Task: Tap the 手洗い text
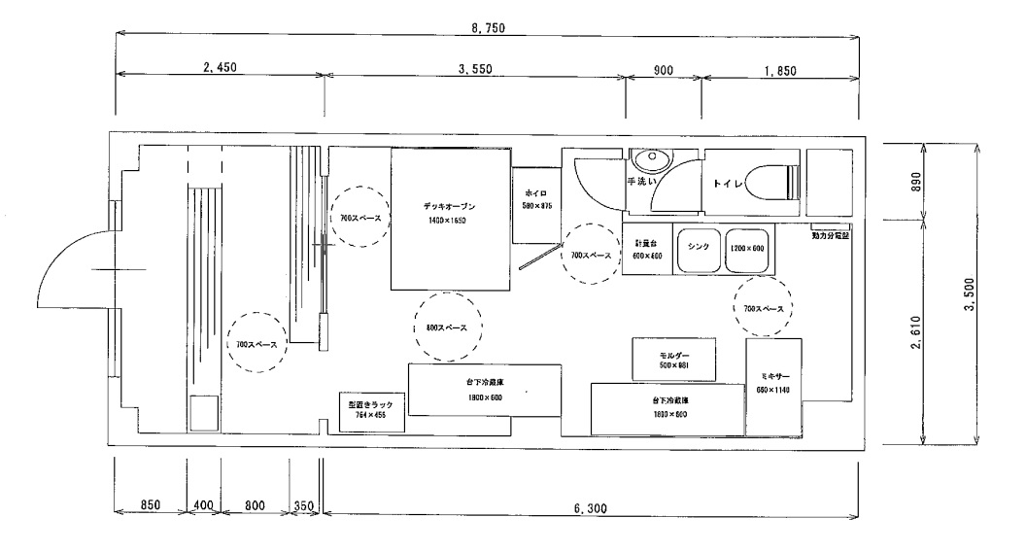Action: click(642, 182)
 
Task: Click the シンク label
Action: click(698, 247)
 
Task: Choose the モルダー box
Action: click(672, 360)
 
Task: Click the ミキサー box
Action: click(773, 387)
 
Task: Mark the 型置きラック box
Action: click(367, 408)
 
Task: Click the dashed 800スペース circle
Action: click(446, 328)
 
